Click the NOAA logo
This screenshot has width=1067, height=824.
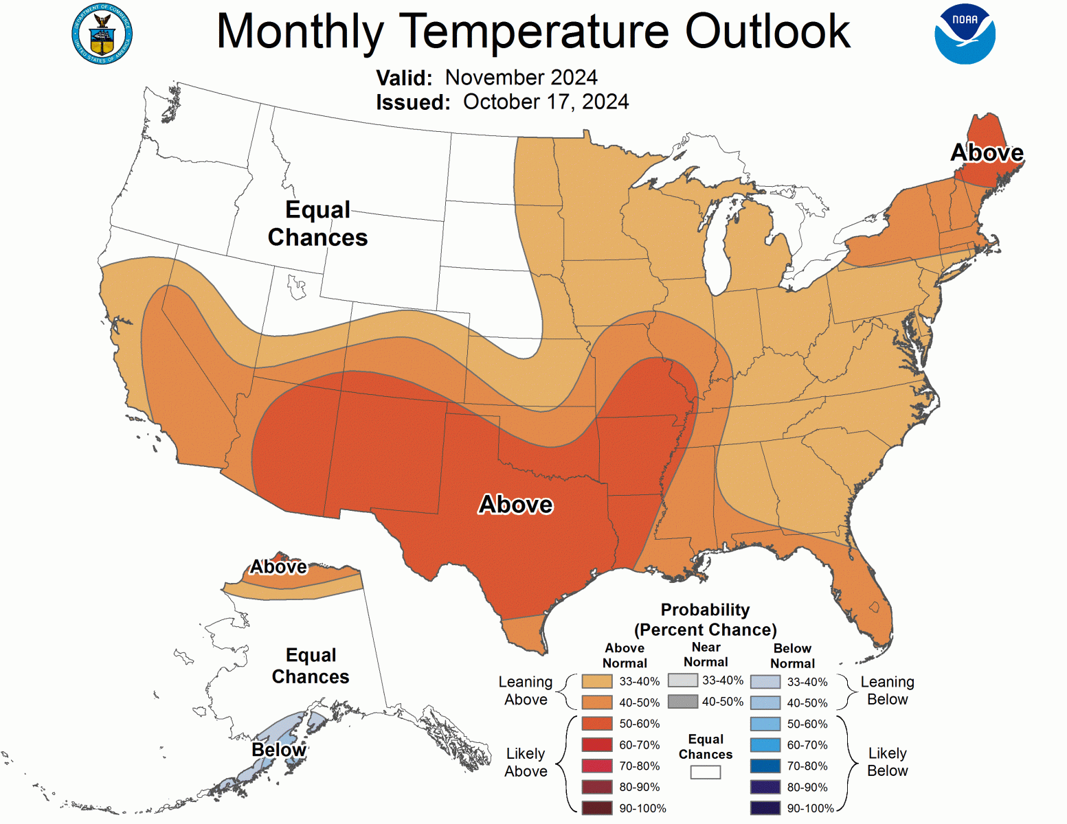point(965,34)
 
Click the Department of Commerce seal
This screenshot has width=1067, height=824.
point(102,34)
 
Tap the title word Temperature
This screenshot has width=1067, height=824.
point(534,32)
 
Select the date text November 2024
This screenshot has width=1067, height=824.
point(521,78)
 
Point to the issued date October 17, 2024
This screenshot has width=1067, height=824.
point(546,102)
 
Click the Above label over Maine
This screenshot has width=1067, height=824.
point(987,152)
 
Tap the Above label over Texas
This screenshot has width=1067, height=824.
point(515,505)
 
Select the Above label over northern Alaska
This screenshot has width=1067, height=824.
point(278,566)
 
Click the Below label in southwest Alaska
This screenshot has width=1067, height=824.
point(278,750)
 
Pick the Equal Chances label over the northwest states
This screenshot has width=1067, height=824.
point(317,223)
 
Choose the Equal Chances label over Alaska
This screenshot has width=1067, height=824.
point(311,665)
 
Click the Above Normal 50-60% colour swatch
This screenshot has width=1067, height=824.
point(596,723)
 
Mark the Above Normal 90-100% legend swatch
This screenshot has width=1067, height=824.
point(596,808)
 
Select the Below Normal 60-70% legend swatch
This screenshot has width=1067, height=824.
point(765,745)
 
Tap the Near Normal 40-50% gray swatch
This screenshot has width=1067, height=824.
point(682,701)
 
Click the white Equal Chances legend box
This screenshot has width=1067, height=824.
point(706,772)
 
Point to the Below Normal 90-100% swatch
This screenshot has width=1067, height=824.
point(765,808)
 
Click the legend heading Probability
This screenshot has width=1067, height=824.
point(705,610)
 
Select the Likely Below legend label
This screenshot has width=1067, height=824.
point(887,762)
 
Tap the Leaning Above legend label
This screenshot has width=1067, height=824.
point(526,691)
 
